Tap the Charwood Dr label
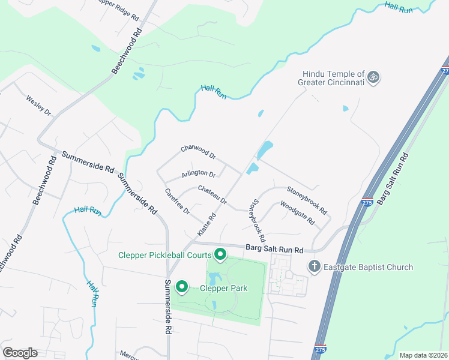tap(198, 152)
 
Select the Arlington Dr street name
tap(199, 175)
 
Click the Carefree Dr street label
tap(178, 202)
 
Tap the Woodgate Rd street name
tap(298, 212)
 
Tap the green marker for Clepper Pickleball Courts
tap(220, 254)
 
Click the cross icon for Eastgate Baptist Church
tap(313, 266)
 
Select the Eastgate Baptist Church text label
tap(368, 267)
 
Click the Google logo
tap(20, 353)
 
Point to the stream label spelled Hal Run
tap(91, 294)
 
